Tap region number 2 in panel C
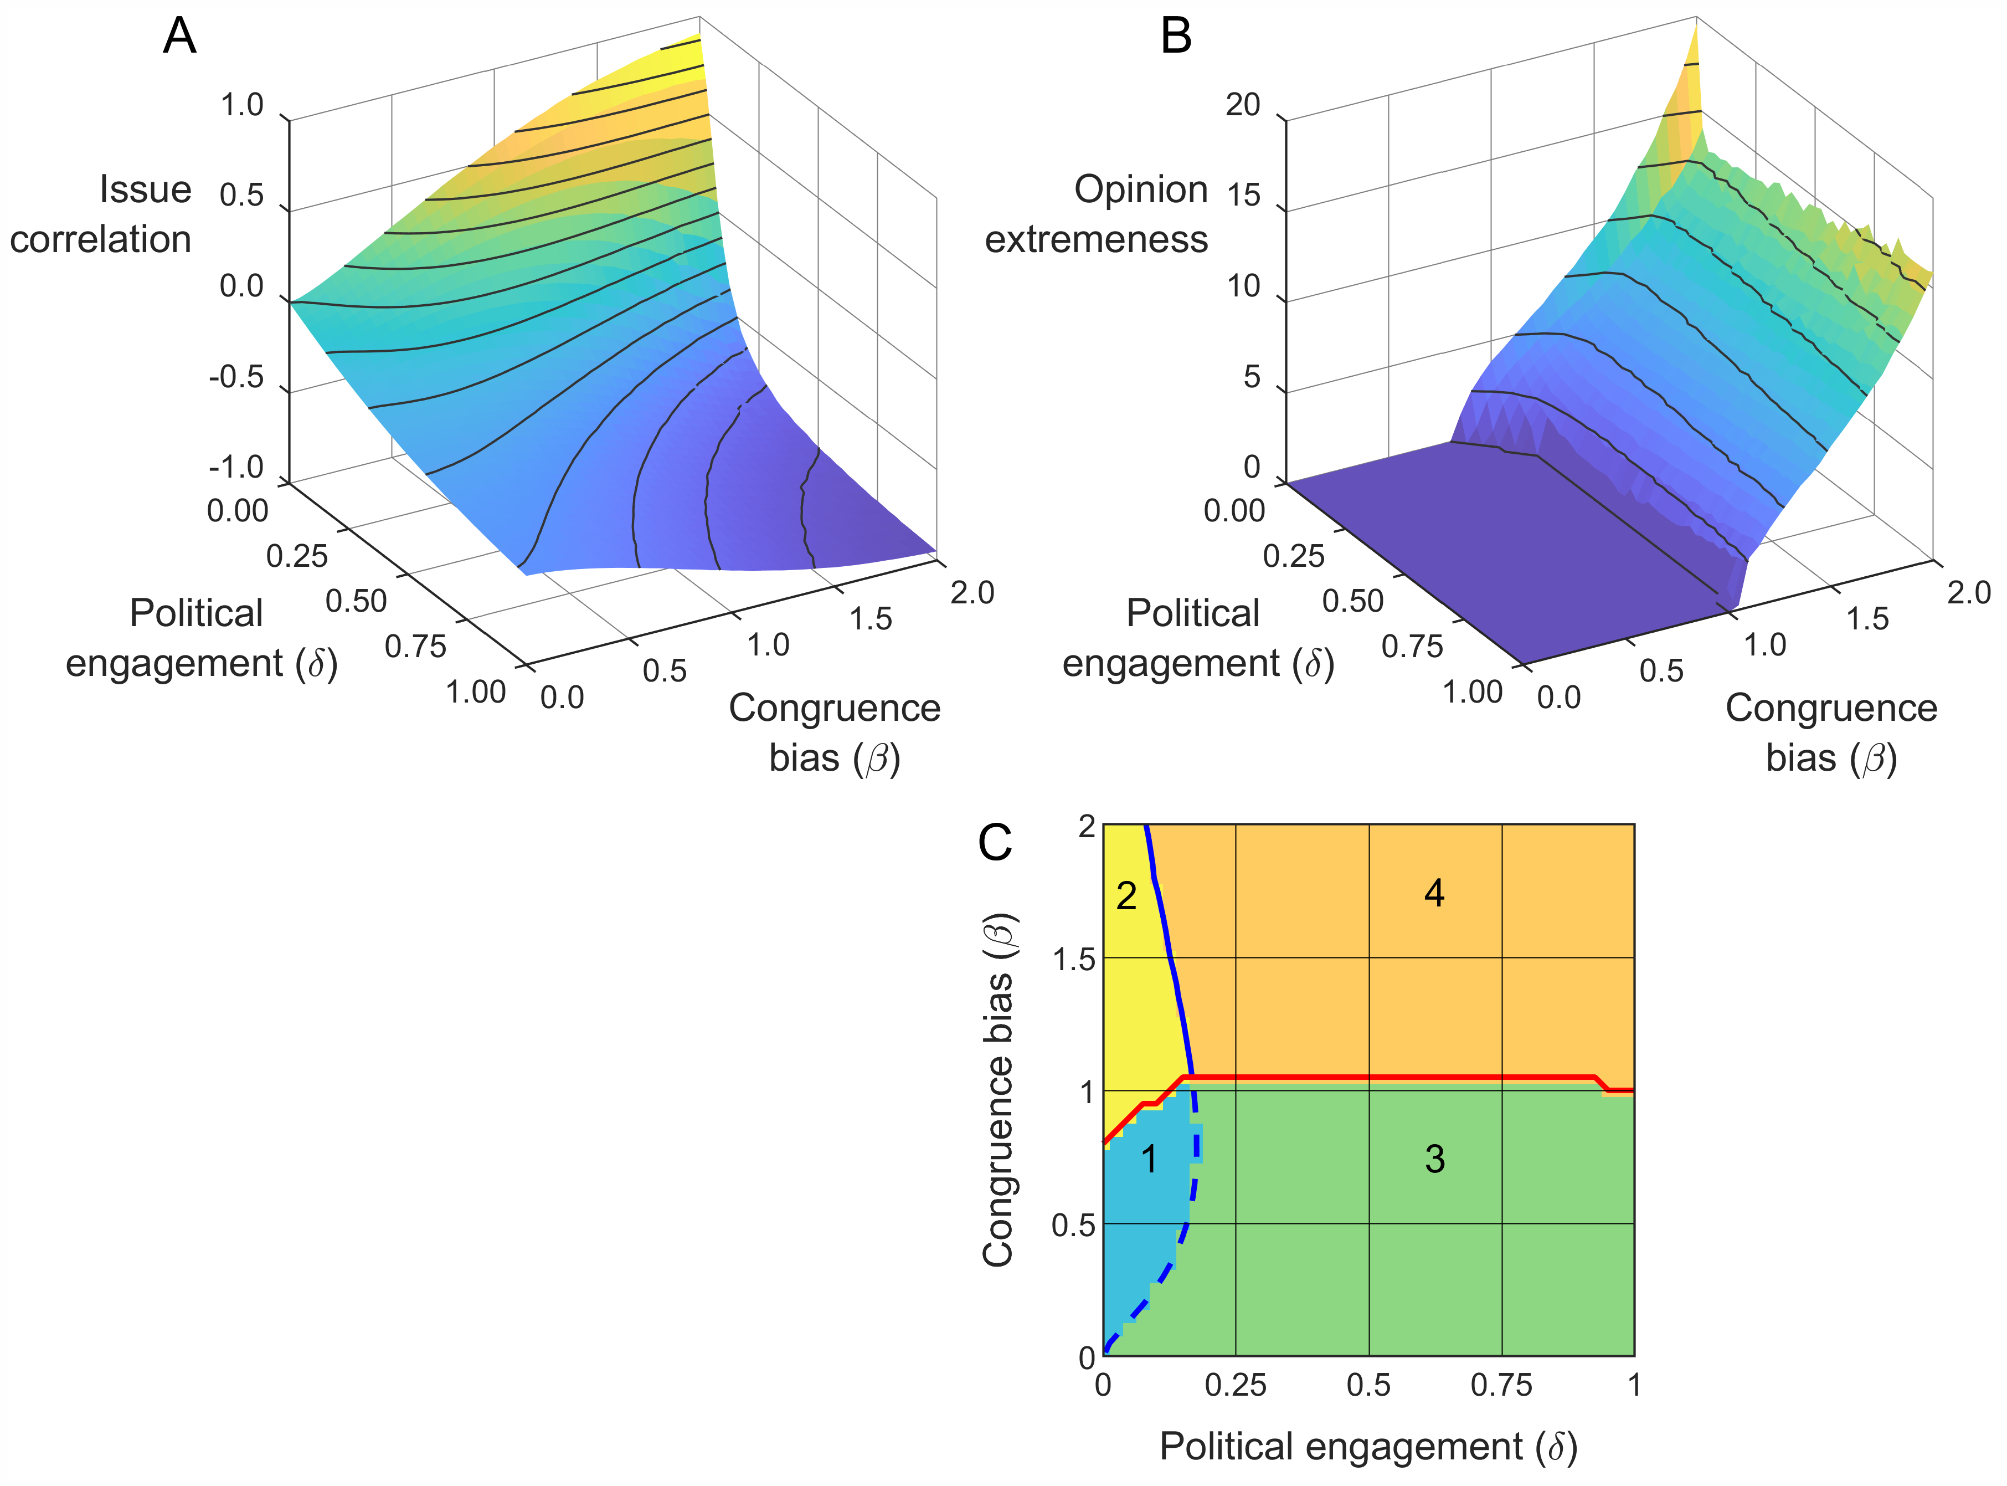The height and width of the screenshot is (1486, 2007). point(1126,896)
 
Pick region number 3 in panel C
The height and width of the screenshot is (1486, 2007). point(1434,1159)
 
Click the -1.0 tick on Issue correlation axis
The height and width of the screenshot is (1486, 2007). point(236,468)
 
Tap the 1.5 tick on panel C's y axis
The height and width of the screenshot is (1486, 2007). point(1074,960)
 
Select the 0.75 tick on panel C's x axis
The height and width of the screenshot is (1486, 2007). point(1501,1385)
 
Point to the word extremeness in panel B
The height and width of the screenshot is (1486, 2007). point(1096,239)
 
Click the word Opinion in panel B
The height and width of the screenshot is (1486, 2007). point(1140,190)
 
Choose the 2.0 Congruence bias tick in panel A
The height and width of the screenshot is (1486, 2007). point(972,593)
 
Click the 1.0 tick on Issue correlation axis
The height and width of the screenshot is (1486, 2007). point(242,105)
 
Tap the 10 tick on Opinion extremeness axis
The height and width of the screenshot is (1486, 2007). point(1244,287)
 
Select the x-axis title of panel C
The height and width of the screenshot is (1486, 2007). point(1368,1447)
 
